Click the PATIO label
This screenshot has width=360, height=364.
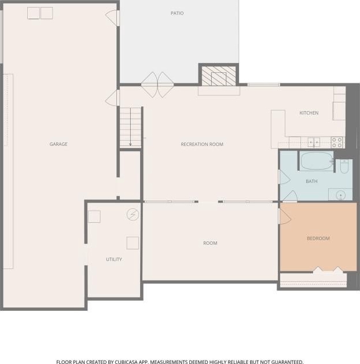(x=177, y=13)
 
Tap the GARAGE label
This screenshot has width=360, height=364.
(x=58, y=144)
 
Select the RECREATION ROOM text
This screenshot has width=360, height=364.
(x=202, y=144)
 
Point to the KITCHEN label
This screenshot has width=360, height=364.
(x=309, y=113)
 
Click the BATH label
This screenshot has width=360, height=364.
(x=311, y=181)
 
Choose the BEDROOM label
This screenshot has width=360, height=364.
(x=318, y=238)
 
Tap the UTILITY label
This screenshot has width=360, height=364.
(x=114, y=259)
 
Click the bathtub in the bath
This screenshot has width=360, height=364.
(x=316, y=161)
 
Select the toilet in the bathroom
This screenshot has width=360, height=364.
(x=344, y=167)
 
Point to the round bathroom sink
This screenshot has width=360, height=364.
(x=341, y=195)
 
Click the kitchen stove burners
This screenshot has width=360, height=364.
(x=337, y=142)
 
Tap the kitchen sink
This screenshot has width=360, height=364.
(x=314, y=142)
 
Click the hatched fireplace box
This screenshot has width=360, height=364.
(x=219, y=76)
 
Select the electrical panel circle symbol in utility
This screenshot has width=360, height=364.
(x=133, y=215)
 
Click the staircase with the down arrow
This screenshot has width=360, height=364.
(x=130, y=127)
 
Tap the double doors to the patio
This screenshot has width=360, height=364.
(x=157, y=84)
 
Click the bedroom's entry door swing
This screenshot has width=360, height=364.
(x=285, y=216)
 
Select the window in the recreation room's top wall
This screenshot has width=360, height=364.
(x=264, y=84)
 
